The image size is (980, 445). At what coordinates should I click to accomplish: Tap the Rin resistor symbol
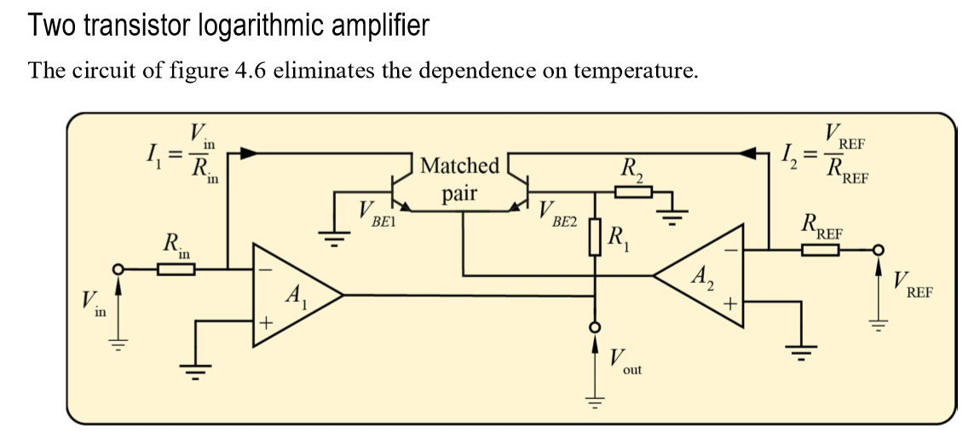point(176,269)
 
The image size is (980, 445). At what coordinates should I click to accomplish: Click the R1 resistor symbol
point(596,237)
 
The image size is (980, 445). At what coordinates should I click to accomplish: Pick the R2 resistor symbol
point(632,192)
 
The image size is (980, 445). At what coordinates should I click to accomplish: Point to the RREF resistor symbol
point(820,249)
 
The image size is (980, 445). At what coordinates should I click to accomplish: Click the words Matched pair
point(459,179)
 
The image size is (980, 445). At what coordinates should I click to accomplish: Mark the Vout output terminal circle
point(596,327)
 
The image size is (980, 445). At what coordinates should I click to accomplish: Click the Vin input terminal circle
point(119,269)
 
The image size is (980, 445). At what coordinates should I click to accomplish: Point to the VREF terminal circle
point(879,249)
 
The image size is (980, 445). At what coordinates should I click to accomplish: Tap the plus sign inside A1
point(265,323)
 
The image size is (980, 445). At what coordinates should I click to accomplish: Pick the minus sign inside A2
point(730,250)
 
